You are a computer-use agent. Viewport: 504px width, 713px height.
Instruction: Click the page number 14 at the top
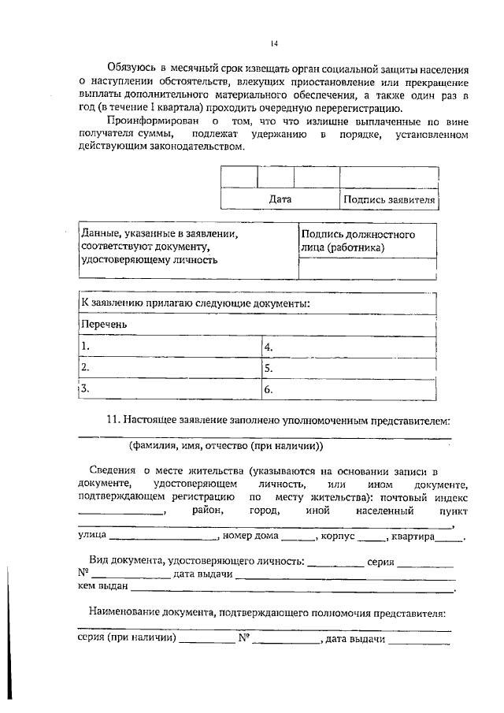(273, 43)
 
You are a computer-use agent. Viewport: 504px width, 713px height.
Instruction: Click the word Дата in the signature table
(280, 199)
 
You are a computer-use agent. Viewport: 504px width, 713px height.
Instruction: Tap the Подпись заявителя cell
(388, 199)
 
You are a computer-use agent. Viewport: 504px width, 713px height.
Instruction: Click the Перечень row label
(105, 324)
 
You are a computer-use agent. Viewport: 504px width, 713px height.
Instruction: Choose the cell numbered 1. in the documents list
(169, 346)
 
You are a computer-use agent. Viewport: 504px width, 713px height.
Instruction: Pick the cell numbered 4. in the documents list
(346, 346)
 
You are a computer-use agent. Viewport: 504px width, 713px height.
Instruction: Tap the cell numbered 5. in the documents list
(346, 367)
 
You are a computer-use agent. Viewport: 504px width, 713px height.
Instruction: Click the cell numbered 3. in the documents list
(169, 388)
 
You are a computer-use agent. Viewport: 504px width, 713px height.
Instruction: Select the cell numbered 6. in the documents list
(346, 388)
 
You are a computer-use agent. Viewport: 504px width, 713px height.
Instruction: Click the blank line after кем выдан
(292, 588)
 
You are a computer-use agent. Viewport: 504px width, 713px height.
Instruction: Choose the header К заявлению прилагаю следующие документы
(195, 303)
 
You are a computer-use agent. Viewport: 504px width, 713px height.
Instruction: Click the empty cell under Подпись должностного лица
(366, 269)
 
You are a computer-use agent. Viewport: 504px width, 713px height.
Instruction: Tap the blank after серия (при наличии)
(201, 640)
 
